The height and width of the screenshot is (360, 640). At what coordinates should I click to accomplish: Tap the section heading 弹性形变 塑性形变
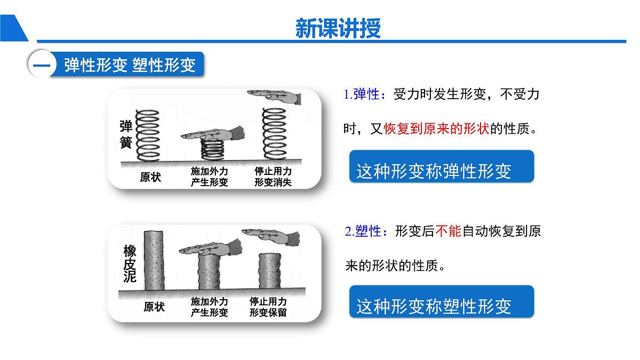(130, 65)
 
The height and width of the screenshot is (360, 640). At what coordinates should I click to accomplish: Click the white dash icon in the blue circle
(41, 65)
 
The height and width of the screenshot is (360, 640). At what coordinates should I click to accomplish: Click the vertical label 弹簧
(125, 134)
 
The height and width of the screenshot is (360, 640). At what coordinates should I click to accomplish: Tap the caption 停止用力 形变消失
(273, 177)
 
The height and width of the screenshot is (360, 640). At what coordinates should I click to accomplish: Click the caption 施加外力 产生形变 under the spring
(209, 177)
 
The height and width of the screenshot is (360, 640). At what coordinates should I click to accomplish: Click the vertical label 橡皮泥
(130, 263)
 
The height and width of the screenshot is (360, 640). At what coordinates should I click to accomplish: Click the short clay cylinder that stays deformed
(269, 272)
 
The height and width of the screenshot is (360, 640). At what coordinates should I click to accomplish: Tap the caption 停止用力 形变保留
(268, 307)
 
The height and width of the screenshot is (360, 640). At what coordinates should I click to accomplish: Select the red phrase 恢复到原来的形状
(436, 129)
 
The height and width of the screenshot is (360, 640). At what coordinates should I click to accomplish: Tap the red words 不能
(447, 231)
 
